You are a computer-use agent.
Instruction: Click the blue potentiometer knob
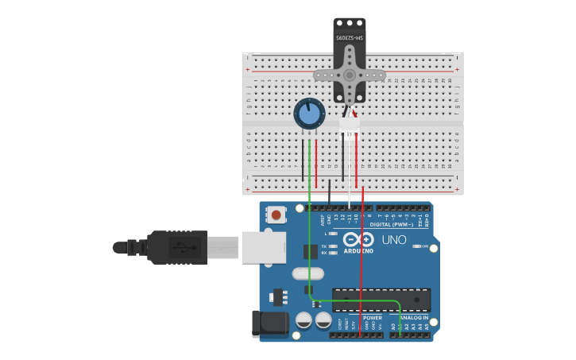click(x=309, y=114)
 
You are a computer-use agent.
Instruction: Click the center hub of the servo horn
click(x=350, y=75)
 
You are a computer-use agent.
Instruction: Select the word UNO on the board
click(x=394, y=239)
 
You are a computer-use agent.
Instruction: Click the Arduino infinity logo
click(x=358, y=240)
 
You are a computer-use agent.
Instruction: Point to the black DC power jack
click(x=269, y=323)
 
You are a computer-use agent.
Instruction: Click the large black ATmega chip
click(x=381, y=300)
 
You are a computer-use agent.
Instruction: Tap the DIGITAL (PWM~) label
click(x=392, y=225)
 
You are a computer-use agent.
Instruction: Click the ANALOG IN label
click(x=414, y=317)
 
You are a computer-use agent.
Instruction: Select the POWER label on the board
click(x=373, y=317)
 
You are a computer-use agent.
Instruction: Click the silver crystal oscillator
click(x=307, y=273)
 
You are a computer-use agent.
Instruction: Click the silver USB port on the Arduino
click(x=263, y=247)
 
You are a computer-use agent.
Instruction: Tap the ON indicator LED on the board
click(x=418, y=246)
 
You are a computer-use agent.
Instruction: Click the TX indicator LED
click(x=333, y=246)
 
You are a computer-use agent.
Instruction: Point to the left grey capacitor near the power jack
click(x=303, y=320)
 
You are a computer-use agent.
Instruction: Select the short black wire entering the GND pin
click(x=330, y=195)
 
